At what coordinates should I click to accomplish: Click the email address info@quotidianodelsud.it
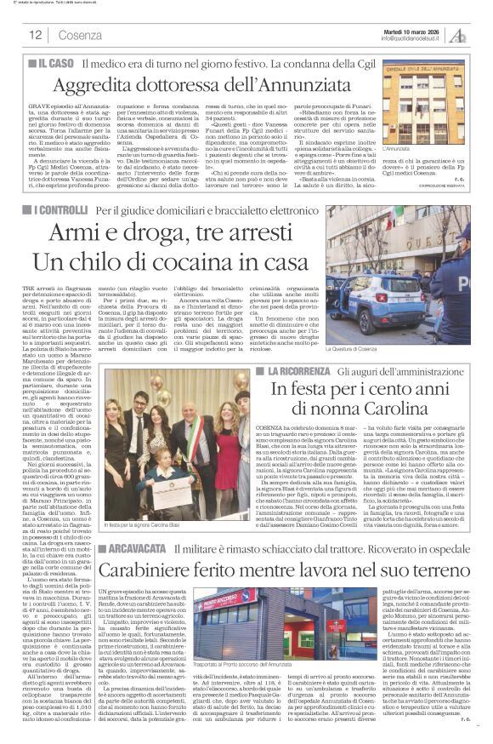click(413, 39)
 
